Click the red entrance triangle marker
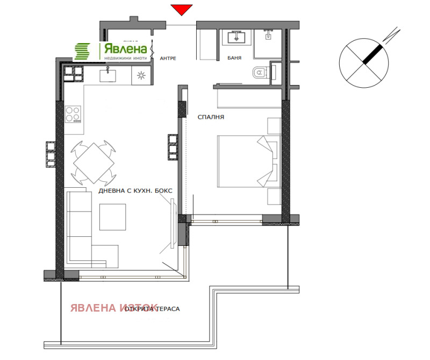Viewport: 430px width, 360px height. (182, 10)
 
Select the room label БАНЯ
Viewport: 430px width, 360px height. (234, 58)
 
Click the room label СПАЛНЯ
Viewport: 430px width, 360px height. (211, 117)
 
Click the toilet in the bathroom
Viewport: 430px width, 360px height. (259, 72)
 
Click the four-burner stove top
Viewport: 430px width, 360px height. (73, 115)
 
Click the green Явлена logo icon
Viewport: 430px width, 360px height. (83, 52)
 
